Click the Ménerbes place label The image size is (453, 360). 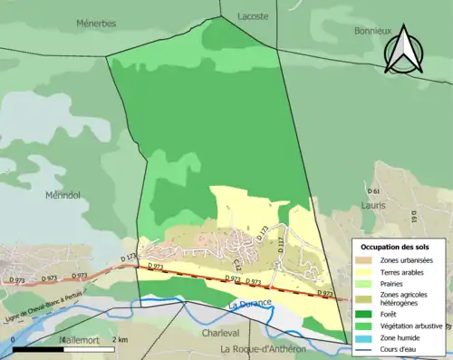(x=96, y=23)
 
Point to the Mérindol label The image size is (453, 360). (x=63, y=194)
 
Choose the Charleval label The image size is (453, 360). (x=220, y=333)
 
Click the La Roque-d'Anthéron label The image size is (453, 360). (x=265, y=348)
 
